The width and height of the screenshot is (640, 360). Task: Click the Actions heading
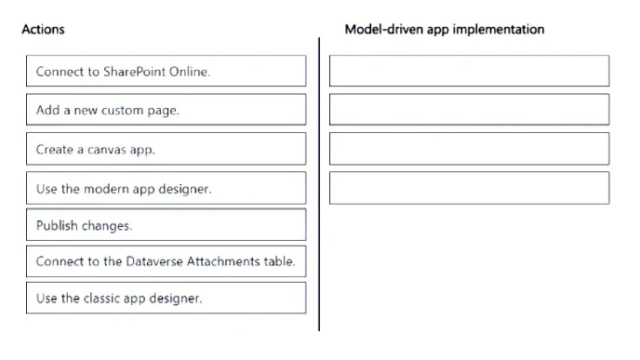point(44,30)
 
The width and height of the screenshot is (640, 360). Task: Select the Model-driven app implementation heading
point(445,30)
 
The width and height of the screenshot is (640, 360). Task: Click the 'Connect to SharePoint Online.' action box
point(167,71)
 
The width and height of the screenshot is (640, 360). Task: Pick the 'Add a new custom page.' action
point(167,110)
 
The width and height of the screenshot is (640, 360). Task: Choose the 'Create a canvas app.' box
point(167,149)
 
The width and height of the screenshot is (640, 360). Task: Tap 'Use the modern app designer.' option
point(167,188)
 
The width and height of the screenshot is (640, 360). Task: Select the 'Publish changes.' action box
point(167,225)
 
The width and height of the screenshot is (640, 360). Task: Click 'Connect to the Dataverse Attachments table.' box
point(167,261)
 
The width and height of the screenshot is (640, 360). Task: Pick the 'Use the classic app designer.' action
point(167,298)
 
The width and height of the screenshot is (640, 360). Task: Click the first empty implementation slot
point(470,71)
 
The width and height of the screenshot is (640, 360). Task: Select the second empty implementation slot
point(470,110)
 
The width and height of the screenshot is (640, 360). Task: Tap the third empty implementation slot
point(470,149)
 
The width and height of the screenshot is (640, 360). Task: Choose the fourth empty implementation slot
point(470,188)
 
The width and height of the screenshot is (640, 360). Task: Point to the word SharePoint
point(134,72)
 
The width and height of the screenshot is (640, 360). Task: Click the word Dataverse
point(154,261)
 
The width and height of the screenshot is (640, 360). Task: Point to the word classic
point(101,299)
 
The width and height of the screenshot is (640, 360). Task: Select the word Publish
point(57,225)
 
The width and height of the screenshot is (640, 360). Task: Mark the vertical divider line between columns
point(319,184)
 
